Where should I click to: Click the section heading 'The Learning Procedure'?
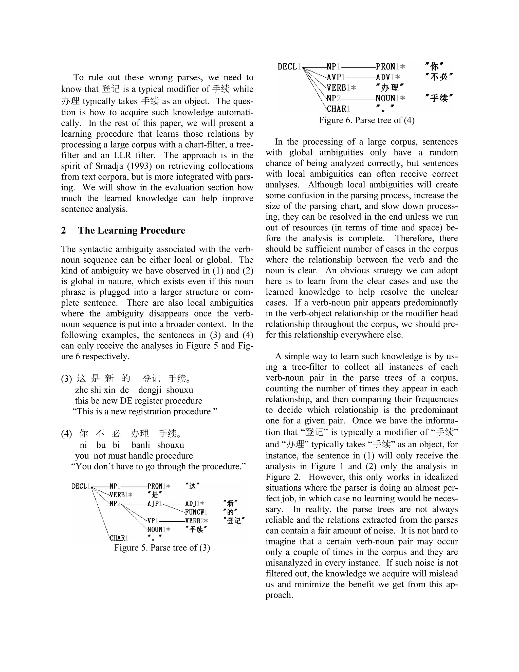pos(131,231)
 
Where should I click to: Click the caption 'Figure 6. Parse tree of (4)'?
pos(366,120)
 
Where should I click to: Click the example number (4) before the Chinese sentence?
pos(66,434)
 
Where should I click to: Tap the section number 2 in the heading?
pos(63,231)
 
